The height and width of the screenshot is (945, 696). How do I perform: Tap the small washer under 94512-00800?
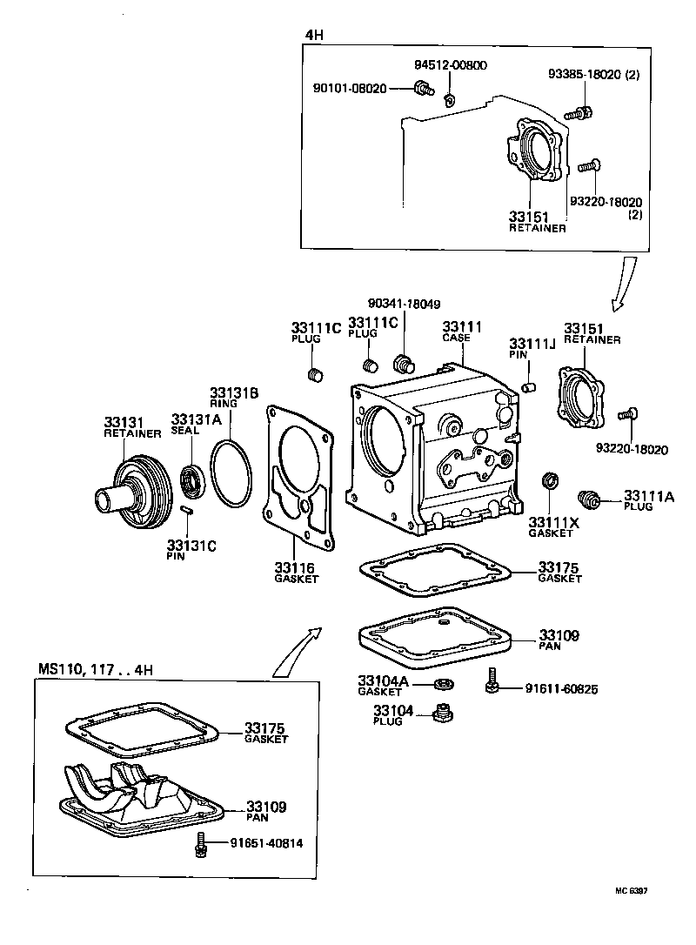[x=450, y=98]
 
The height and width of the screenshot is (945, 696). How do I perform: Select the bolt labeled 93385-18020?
[x=579, y=112]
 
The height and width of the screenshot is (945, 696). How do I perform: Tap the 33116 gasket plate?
[x=298, y=479]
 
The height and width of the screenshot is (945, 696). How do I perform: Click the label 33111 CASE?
[x=457, y=331]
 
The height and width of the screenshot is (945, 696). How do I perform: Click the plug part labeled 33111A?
[x=590, y=499]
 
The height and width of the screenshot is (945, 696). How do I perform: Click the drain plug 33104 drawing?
[x=445, y=714]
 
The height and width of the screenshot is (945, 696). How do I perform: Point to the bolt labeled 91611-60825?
[x=492, y=682]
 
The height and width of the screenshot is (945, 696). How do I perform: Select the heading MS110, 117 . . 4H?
[x=97, y=669]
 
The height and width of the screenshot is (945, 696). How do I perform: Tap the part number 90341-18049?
[x=404, y=305]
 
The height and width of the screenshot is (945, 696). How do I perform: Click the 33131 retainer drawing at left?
[x=130, y=496]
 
